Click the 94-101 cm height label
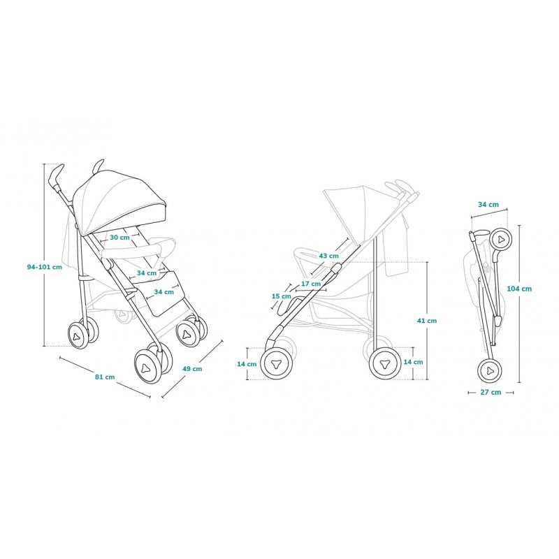[45, 267]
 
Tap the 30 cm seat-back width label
[119, 237]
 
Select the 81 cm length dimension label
[105, 377]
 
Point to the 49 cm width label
[192, 369]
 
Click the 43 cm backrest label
[328, 256]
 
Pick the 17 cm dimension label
[311, 284]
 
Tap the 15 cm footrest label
[282, 296]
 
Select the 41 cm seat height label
[427, 321]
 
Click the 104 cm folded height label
[519, 289]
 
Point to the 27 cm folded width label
[491, 392]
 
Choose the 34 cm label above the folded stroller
[488, 205]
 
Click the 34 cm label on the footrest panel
[164, 292]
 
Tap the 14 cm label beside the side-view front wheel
[247, 364]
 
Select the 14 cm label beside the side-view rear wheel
[413, 362]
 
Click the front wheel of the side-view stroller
[277, 363]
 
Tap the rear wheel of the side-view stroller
[385, 364]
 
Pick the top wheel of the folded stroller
[500, 240]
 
